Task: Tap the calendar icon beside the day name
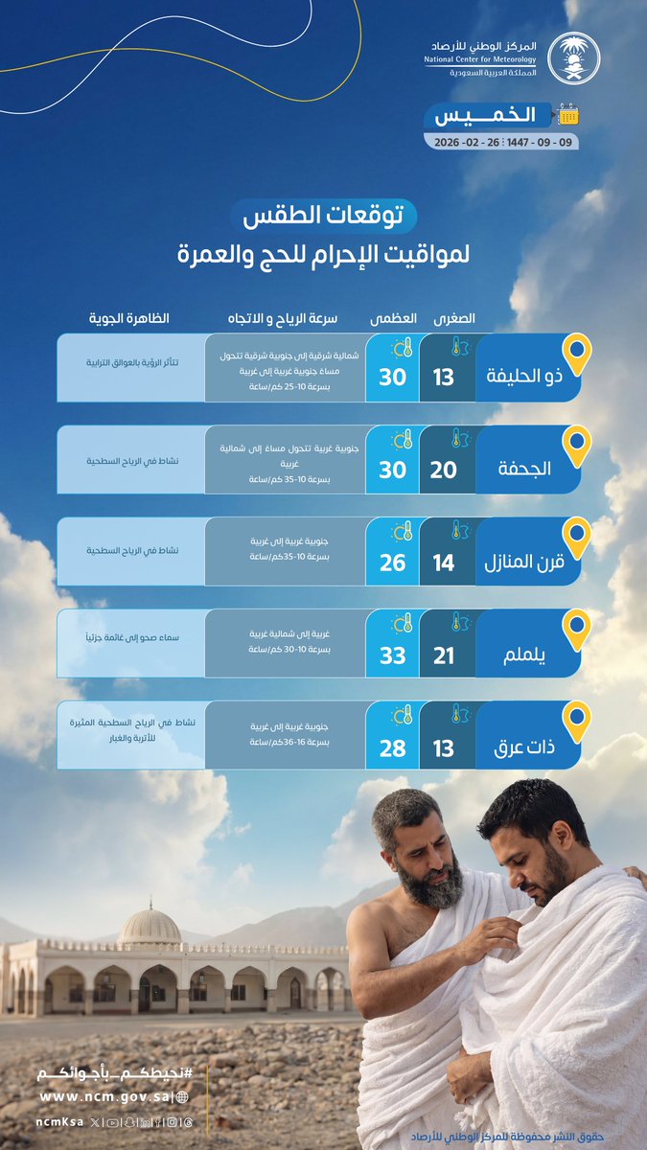coord(569,116)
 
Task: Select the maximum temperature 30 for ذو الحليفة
coord(393,377)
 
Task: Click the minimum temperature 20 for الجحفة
coord(444,470)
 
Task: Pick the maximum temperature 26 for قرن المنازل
coord(393,563)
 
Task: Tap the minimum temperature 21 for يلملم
coord(444,655)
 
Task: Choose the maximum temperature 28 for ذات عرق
coord(393,747)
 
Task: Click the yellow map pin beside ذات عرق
coord(576,722)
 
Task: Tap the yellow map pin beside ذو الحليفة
coord(576,354)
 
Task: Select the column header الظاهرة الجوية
coord(128,317)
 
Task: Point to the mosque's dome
coord(150,926)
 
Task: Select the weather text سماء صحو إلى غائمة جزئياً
coord(128,636)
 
